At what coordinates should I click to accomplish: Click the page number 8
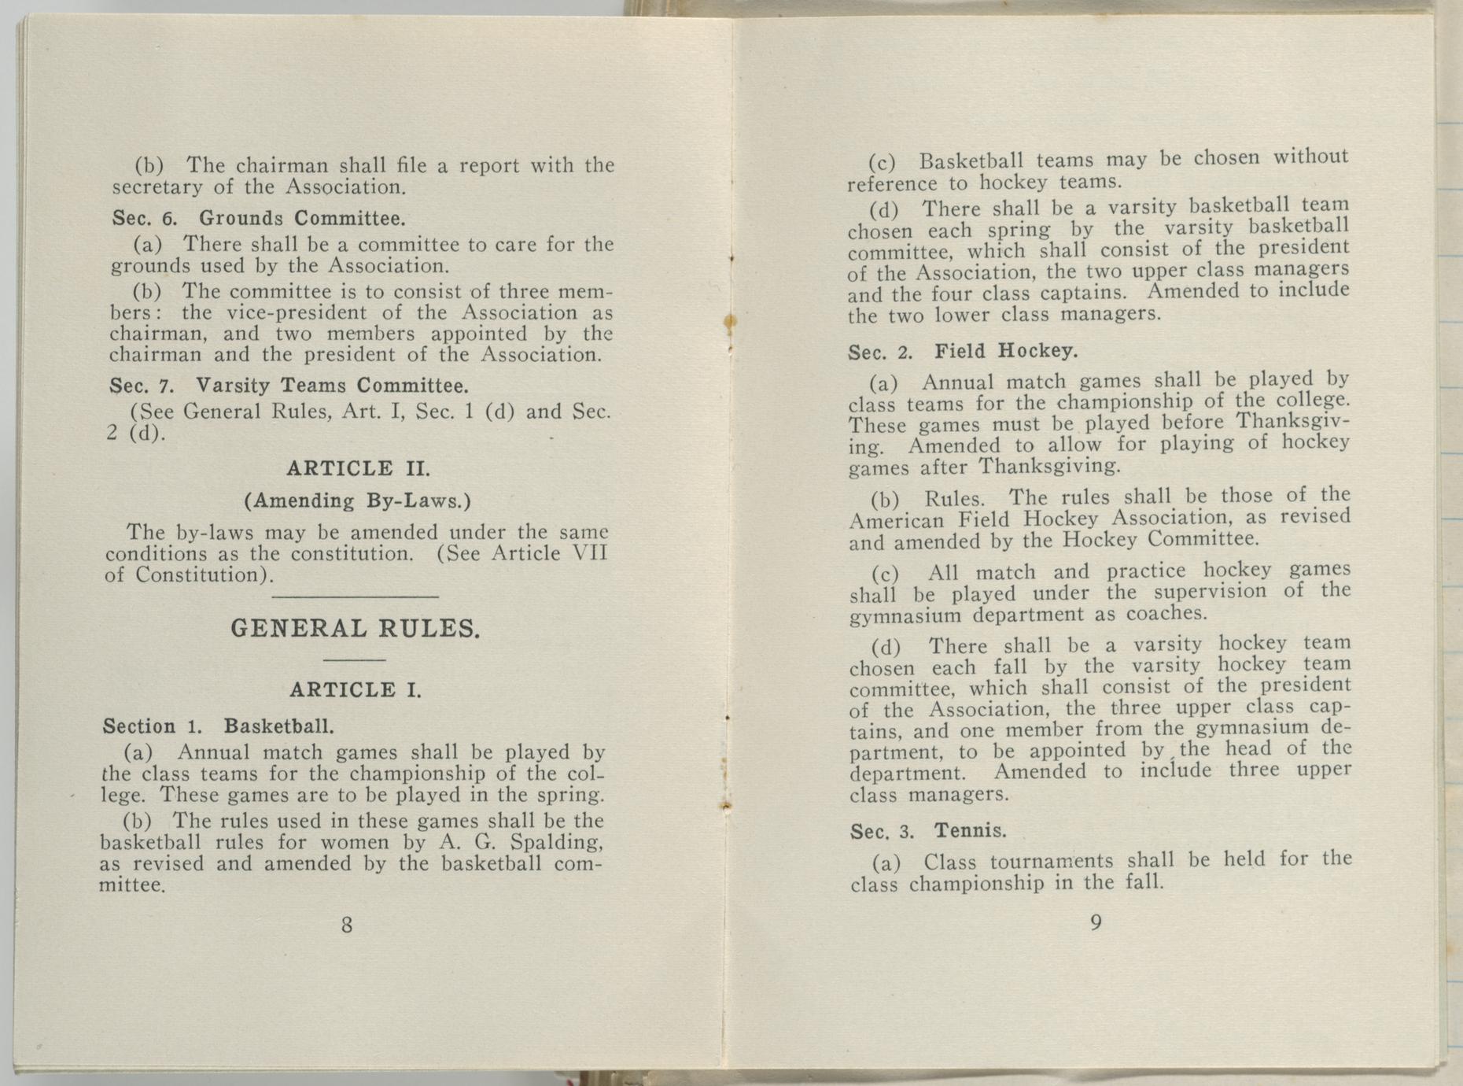pyautogui.click(x=347, y=925)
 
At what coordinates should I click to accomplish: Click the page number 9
pyautogui.click(x=1096, y=923)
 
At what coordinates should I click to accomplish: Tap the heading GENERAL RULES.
pyautogui.click(x=355, y=629)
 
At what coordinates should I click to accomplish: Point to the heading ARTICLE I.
pyautogui.click(x=356, y=690)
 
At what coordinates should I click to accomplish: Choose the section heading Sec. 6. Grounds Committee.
pyautogui.click(x=259, y=217)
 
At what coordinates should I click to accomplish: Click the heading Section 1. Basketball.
pyautogui.click(x=219, y=726)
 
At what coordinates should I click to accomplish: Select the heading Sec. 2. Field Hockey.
pyautogui.click(x=963, y=351)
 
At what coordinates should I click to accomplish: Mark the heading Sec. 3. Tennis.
pyautogui.click(x=928, y=831)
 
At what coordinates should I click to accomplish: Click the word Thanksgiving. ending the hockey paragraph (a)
pyautogui.click(x=1048, y=467)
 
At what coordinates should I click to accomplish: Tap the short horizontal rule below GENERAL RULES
pyautogui.click(x=354, y=659)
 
